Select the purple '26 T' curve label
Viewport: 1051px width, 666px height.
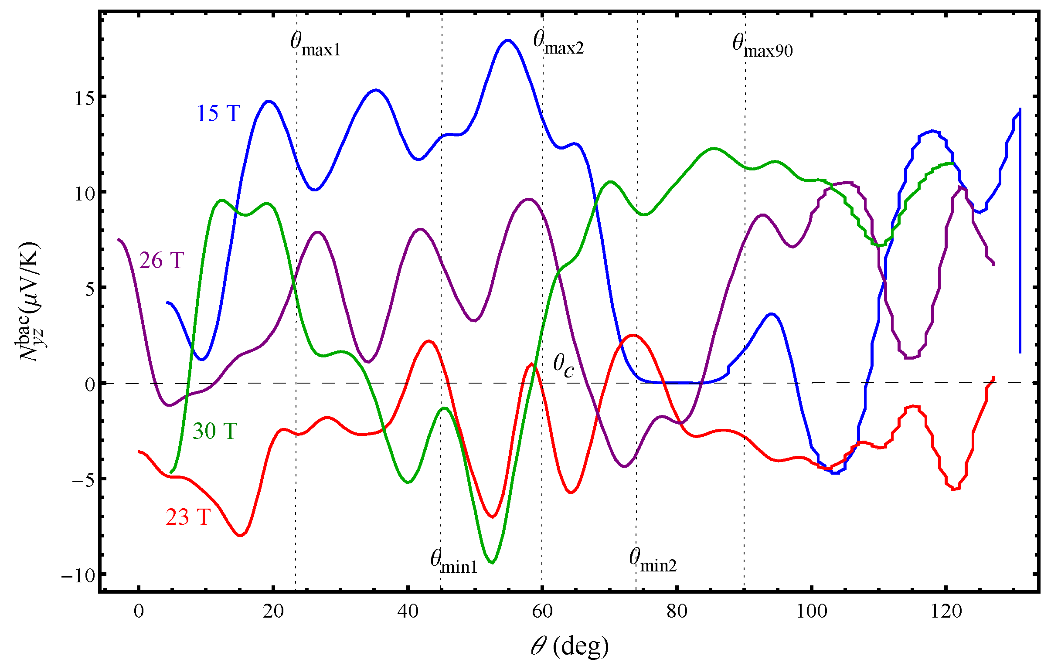161,261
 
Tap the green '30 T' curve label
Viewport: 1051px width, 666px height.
215,431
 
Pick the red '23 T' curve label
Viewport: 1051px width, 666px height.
188,517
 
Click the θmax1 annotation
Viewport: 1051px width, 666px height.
315,45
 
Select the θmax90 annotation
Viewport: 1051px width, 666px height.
762,46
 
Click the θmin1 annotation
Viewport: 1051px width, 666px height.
454,562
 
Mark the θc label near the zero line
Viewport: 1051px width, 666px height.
564,366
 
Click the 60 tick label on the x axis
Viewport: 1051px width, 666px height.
542,612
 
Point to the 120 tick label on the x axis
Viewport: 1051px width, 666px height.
946,612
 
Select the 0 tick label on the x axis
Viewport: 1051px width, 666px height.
139,612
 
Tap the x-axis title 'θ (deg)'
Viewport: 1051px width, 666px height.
570,646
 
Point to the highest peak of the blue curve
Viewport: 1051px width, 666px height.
507,40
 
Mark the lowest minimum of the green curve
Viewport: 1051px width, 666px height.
492,563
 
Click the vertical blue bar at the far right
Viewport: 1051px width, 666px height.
1020,231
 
